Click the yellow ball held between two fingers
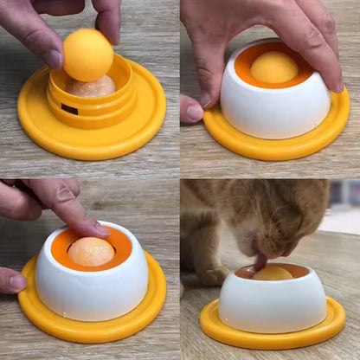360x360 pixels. pos(87,54)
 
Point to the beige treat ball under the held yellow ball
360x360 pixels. pos(93,86)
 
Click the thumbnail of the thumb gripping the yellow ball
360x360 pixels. pos(54,58)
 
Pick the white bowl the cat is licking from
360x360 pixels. pos(272,303)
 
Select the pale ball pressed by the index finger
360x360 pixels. pos(91,252)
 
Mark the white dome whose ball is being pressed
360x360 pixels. pos(91,294)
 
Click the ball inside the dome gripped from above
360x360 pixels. pos(273,67)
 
